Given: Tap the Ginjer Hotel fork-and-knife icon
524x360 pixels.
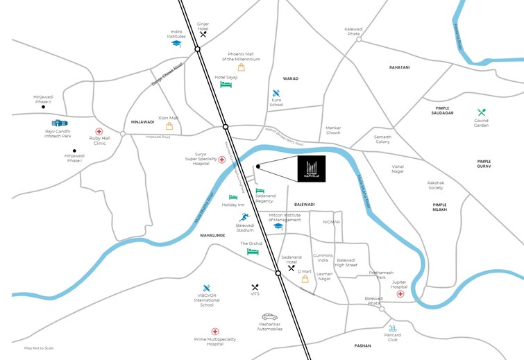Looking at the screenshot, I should coord(203,34).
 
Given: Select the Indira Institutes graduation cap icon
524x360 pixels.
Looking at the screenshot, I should coord(176,43).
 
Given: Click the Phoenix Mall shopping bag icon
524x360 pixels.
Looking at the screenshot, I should coord(241,68).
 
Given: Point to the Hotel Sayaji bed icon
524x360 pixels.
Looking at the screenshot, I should coord(226,85).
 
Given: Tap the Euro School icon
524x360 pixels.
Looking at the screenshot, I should coord(276,94).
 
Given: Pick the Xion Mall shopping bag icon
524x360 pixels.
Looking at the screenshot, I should coord(169,126).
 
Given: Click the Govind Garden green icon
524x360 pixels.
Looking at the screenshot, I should coord(481,112).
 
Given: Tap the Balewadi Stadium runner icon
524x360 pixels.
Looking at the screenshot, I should coord(244,217).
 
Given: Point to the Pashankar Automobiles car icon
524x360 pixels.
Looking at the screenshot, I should coord(269,317).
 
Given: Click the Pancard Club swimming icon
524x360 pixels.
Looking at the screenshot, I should coord(393,328).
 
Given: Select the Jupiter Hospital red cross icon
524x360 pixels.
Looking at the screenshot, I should coord(400,294).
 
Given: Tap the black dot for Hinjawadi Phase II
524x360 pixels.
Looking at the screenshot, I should coord(43,108).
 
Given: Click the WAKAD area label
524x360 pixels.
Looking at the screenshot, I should coord(290,78).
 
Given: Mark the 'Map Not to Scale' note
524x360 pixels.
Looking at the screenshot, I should coord(38,348).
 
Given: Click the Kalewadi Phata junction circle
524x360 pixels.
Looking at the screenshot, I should coord(359,40).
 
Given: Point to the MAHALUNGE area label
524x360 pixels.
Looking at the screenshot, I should coord(214,235).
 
